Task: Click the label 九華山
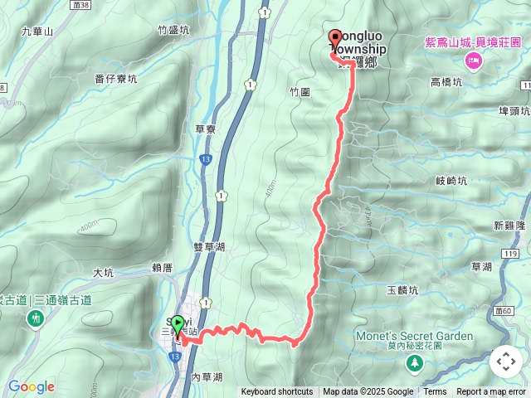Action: (37, 32)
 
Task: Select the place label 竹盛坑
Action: (173, 30)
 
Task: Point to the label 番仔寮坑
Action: (116, 80)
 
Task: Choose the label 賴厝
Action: (162, 268)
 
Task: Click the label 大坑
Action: (103, 272)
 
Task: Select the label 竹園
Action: (300, 92)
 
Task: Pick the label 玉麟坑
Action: (402, 290)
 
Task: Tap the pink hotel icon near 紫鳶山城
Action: (473, 60)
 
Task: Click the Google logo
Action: (31, 386)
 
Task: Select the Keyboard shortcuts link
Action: (277, 392)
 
